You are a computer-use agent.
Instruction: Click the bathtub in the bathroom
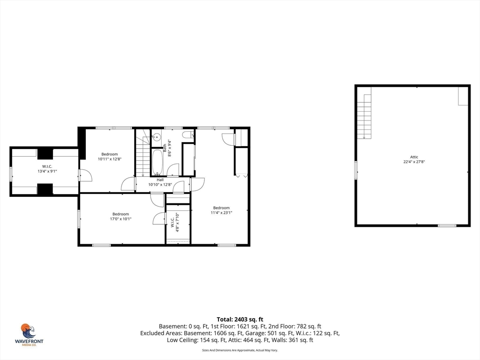[157, 162]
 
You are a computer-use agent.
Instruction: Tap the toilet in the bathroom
[187, 135]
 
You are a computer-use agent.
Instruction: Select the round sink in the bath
[157, 137]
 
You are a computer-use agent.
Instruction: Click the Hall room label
[160, 180]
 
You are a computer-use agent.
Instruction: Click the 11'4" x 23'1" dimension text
[221, 213]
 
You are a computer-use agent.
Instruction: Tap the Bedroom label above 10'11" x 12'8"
[110, 154]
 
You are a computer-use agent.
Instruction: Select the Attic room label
[414, 157]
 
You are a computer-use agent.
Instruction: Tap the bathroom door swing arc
[173, 169]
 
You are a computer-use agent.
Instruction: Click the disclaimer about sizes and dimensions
[240, 350]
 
